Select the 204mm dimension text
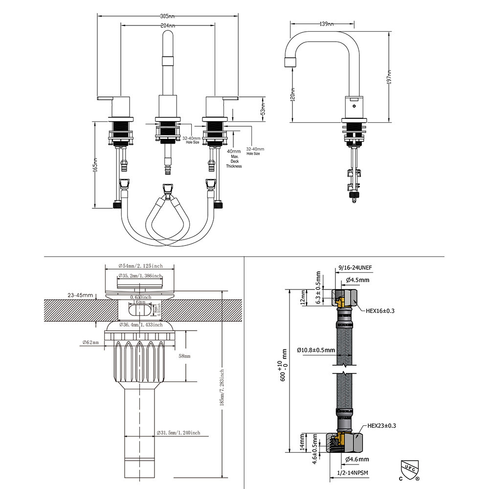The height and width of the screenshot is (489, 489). click(168, 25)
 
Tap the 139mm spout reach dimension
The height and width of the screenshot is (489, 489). click(327, 23)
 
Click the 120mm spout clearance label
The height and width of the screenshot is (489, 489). click(293, 94)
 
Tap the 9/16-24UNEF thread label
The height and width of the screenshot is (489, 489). click(355, 268)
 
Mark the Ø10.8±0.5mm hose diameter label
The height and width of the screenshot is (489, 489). click(315, 350)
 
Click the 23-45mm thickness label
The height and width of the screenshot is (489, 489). click(81, 295)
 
